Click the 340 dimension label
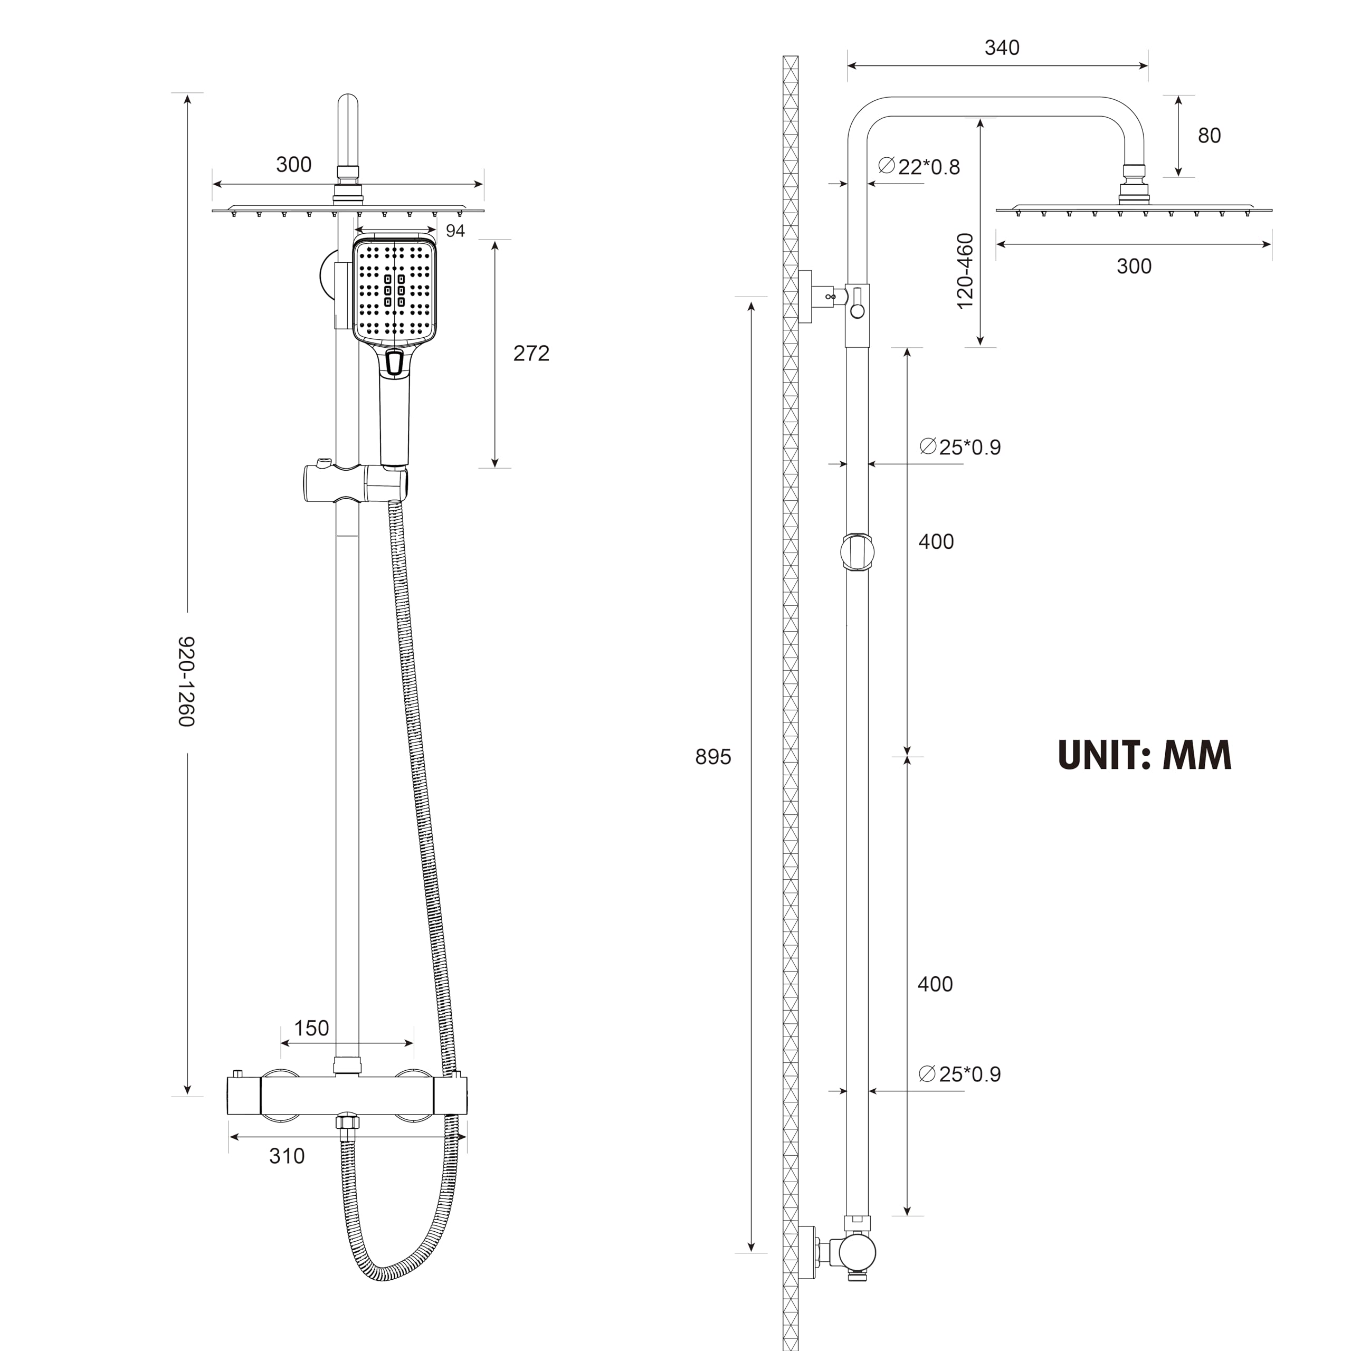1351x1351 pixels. tap(1001, 47)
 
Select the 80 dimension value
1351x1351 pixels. tap(1209, 135)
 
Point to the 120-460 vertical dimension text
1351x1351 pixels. tap(965, 271)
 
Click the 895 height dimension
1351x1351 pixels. tap(712, 757)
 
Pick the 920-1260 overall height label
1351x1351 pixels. tap(185, 681)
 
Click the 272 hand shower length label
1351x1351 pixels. tap(531, 353)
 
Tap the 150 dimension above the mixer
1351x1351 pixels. tap(311, 1028)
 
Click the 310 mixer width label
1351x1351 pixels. tap(287, 1156)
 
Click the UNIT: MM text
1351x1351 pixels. tap(1144, 756)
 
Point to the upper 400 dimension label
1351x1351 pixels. tap(936, 541)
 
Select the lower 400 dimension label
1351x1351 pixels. tap(935, 984)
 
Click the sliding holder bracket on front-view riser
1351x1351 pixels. tap(353, 482)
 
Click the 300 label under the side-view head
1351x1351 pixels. tap(1134, 266)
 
